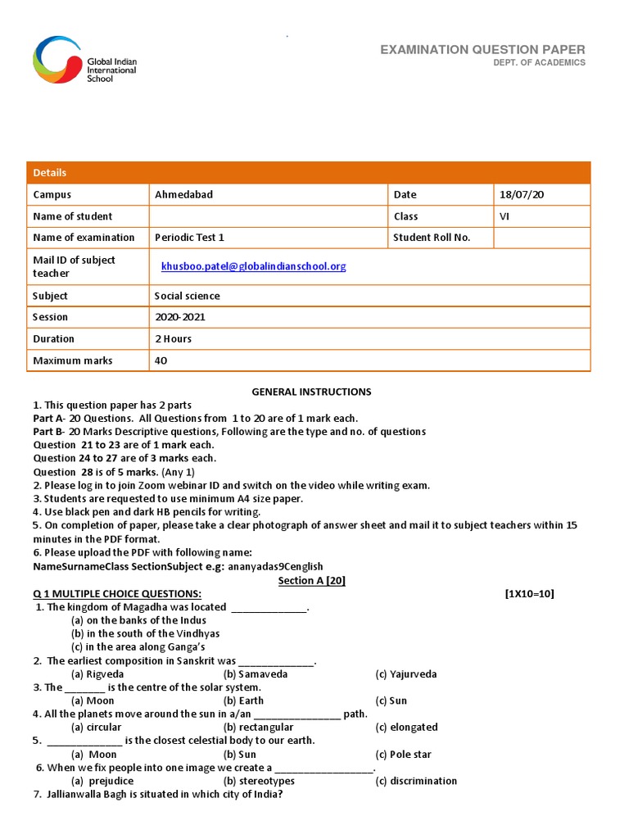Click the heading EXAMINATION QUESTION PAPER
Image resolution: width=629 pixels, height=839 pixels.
click(482, 50)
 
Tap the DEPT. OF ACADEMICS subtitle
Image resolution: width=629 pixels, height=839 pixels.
click(539, 63)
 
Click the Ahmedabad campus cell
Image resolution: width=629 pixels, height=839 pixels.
click(178, 195)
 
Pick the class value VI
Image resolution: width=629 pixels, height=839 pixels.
click(505, 216)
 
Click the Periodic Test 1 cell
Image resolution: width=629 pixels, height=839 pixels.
click(189, 238)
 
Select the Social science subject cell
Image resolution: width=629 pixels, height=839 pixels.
click(188, 296)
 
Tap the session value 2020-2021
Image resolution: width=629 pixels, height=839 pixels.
click(180, 317)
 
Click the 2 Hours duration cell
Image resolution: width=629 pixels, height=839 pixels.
click(173, 338)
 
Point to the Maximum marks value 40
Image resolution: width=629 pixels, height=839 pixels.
click(161, 361)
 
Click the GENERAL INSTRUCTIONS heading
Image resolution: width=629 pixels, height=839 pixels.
click(311, 392)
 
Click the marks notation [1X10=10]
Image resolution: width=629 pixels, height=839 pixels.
click(529, 594)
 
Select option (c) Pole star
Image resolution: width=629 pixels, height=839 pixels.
click(403, 755)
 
